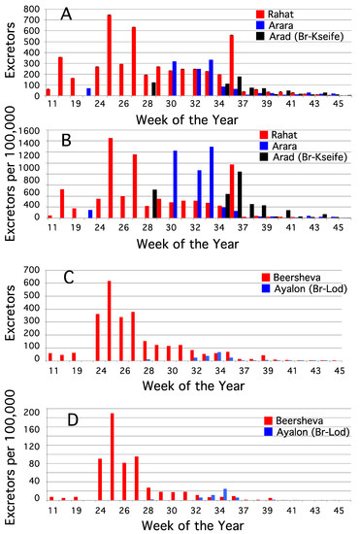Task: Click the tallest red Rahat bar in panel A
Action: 110,55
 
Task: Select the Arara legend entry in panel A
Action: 275,25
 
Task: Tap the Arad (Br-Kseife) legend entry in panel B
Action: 304,157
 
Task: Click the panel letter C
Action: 69,278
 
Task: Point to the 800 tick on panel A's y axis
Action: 32,9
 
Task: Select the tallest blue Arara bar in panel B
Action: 212,183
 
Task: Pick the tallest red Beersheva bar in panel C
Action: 110,320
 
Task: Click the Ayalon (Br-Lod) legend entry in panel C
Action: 305,288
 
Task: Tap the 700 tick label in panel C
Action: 32,271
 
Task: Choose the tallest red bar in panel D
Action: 113,456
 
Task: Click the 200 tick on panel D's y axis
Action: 32,412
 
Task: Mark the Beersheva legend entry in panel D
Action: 294,420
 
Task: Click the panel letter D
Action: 73,419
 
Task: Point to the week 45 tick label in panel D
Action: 338,511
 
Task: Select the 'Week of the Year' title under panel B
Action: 188,244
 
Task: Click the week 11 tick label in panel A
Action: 51,103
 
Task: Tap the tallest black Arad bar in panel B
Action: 240,194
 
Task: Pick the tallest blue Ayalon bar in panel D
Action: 225,494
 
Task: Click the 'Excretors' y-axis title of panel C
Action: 10,313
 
